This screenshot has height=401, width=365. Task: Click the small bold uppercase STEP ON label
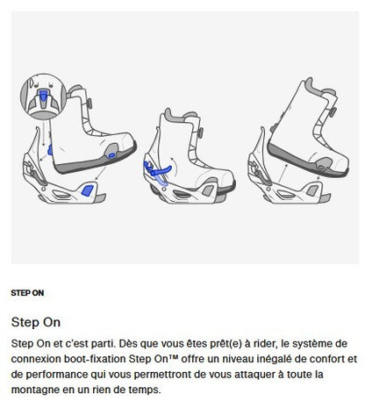coord(27,292)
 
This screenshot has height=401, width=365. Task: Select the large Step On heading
coord(36,321)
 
